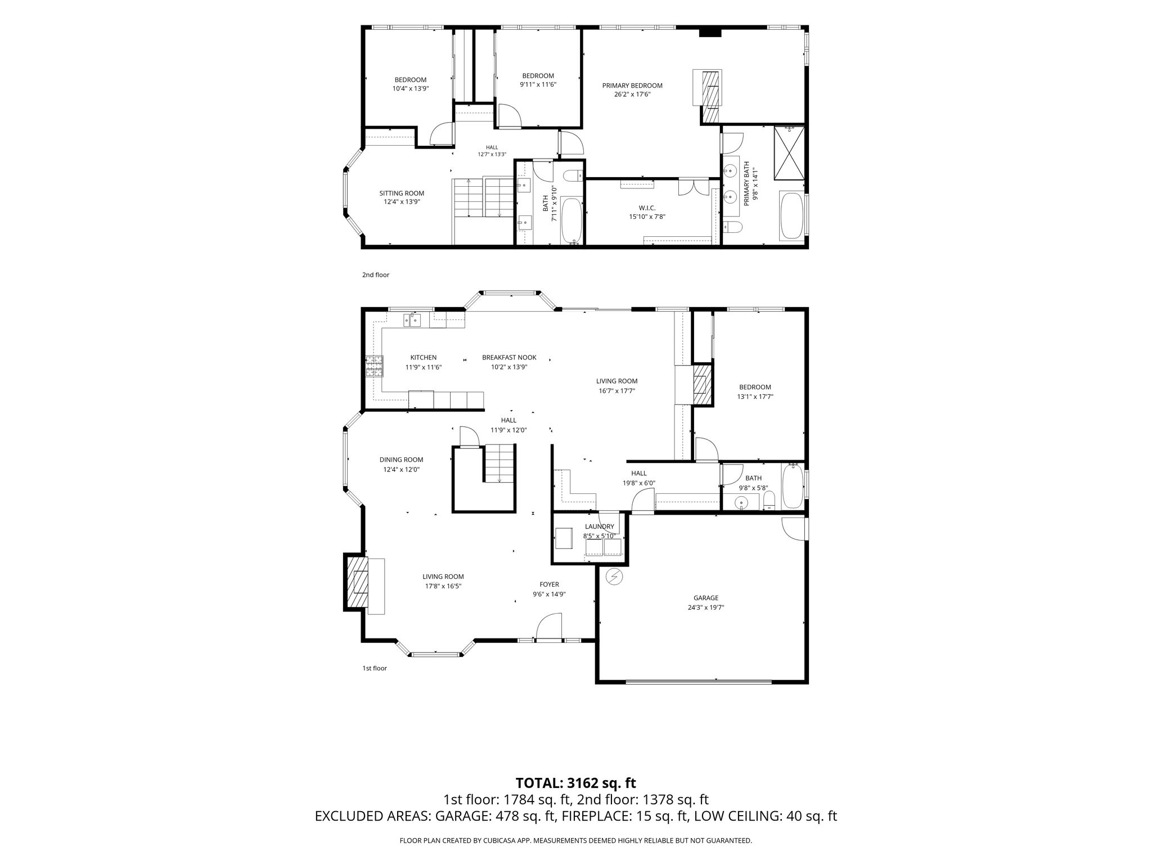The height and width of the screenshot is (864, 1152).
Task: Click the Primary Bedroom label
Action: [x=632, y=85]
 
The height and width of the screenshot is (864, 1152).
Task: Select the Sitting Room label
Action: [x=402, y=193]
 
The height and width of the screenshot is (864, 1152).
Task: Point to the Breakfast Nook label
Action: [x=509, y=357]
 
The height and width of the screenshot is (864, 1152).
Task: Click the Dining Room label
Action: [x=401, y=460]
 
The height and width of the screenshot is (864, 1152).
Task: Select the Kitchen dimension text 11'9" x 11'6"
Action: [x=424, y=367]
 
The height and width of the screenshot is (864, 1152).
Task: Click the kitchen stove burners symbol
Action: [x=375, y=366]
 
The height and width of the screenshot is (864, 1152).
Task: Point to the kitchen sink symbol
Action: [x=412, y=321]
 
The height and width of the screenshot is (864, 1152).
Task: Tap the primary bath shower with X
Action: [x=789, y=153]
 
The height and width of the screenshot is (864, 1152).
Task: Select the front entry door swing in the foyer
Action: [x=549, y=626]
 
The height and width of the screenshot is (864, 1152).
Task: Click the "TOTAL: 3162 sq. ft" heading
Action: [x=576, y=782]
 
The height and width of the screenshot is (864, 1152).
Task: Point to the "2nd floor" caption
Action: [x=376, y=275]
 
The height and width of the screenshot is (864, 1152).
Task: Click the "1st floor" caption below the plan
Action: [x=375, y=668]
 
